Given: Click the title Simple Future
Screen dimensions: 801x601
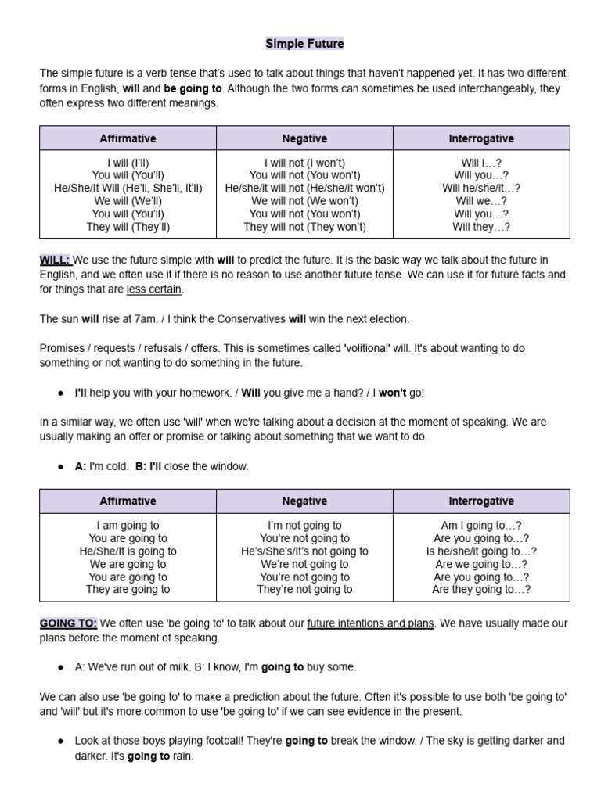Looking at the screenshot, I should point(304,44).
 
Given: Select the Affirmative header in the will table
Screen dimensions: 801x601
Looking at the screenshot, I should point(128,138).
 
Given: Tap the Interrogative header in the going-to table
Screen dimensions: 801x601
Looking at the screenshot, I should point(480,501).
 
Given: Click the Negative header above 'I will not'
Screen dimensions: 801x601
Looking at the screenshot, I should point(304,138).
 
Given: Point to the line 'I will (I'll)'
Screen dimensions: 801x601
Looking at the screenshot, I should point(128,163).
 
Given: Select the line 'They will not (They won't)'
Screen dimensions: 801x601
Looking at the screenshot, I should point(304,227).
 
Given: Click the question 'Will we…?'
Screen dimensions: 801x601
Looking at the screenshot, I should point(480,201).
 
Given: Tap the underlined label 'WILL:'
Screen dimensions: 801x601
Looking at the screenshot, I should point(55,260).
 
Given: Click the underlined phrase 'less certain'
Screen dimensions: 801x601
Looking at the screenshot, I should point(154,289).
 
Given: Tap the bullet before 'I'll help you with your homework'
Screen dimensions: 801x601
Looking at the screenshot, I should point(61,392).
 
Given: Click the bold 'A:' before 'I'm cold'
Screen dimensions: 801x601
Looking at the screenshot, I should point(81,466).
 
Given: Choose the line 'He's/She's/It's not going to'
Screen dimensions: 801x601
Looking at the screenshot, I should point(304,551).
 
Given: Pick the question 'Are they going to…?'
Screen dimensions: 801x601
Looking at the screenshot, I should point(480,589).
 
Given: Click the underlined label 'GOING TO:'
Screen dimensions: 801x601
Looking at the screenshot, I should point(68,623).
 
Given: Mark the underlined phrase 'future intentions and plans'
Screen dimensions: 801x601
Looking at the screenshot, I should point(370,623).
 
